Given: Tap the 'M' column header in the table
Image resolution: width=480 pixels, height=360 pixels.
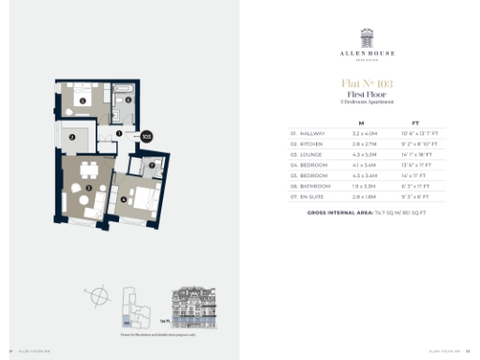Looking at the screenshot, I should [x=361, y=122].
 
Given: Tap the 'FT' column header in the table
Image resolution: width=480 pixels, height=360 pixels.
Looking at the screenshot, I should [x=415, y=122].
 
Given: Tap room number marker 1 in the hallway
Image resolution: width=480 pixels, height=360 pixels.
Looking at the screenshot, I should [x=120, y=134].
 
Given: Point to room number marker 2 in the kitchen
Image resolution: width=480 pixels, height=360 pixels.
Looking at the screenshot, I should [x=72, y=137].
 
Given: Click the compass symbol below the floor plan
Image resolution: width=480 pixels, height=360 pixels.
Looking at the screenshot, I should [x=97, y=296].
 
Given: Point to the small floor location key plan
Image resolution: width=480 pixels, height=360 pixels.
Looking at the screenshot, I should [x=138, y=306].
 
